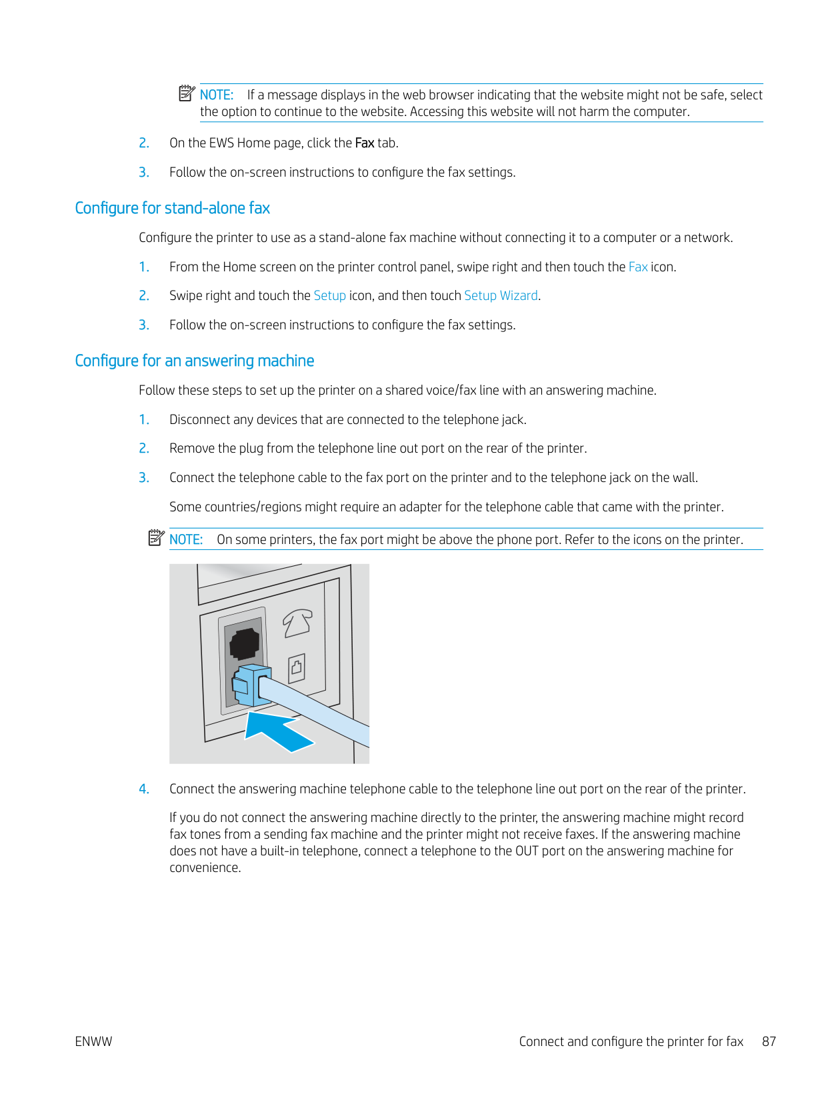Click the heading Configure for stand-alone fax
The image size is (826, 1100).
click(172, 208)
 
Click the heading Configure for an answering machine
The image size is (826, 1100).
click(194, 361)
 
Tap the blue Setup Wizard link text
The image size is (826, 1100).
click(501, 295)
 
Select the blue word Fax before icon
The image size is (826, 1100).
click(637, 267)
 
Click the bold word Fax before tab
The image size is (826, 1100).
click(364, 143)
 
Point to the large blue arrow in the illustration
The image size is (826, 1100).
click(276, 731)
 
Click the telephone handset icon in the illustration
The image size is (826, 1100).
click(297, 623)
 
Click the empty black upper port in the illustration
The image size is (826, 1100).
click(244, 643)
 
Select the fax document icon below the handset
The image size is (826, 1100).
click(297, 667)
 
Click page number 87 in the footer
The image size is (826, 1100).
click(769, 1041)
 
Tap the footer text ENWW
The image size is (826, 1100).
click(93, 1041)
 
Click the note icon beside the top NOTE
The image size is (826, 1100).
click(187, 93)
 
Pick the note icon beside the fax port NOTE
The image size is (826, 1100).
click(156, 537)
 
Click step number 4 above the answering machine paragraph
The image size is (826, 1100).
click(144, 789)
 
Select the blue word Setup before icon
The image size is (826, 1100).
click(329, 295)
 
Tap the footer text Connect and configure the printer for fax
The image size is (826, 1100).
click(631, 1041)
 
